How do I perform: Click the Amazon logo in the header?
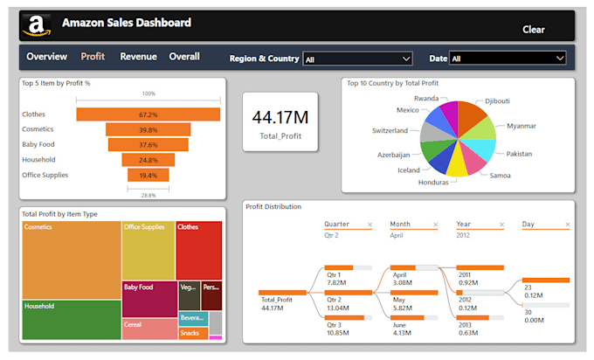[x=37, y=26]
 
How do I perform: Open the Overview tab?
[x=46, y=57]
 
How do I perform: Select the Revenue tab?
[x=138, y=57]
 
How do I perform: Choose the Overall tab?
[x=184, y=57]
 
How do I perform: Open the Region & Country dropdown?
[x=357, y=59]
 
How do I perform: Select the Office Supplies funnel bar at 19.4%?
[x=148, y=176]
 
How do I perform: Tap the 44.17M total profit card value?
[x=280, y=118]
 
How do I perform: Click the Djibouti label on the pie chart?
[x=499, y=100]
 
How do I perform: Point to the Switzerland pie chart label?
[x=390, y=130]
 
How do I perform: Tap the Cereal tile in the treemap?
[x=148, y=329]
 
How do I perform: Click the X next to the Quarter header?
[x=370, y=225]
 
